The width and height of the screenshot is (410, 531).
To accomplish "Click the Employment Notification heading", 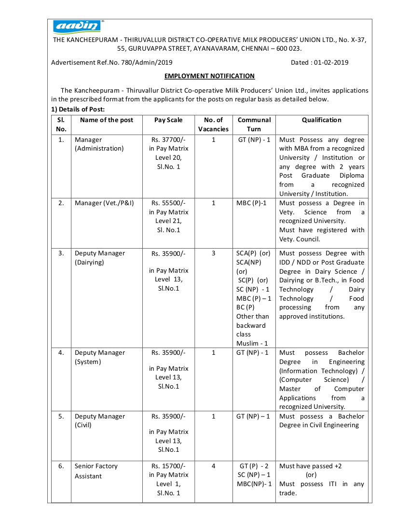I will point(209,76).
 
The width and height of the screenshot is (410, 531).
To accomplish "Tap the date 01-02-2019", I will point(330,62).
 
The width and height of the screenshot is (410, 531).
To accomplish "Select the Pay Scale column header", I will point(168,120).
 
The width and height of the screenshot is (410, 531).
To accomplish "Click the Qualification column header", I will point(321,120).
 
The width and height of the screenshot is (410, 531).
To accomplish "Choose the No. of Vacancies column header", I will point(213,124).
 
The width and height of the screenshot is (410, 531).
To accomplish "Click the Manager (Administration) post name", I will point(99,144).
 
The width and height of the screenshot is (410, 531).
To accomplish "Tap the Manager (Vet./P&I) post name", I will point(104,203).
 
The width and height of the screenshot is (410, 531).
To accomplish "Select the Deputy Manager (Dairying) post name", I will point(99,258).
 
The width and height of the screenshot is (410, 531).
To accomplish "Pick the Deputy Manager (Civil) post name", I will point(99,420).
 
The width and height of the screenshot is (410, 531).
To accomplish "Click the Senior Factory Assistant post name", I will point(96,471).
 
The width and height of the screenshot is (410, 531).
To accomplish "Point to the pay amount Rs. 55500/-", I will point(168,203).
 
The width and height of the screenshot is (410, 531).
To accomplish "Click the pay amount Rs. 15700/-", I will point(168,466).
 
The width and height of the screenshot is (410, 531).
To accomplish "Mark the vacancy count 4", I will point(213,466).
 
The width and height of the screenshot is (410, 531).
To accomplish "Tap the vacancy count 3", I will point(213,253).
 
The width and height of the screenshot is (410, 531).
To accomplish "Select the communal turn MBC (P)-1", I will point(251,203).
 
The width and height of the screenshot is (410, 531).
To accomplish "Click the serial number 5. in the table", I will point(61,416).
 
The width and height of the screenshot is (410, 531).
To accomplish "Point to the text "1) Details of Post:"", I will point(78,109).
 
